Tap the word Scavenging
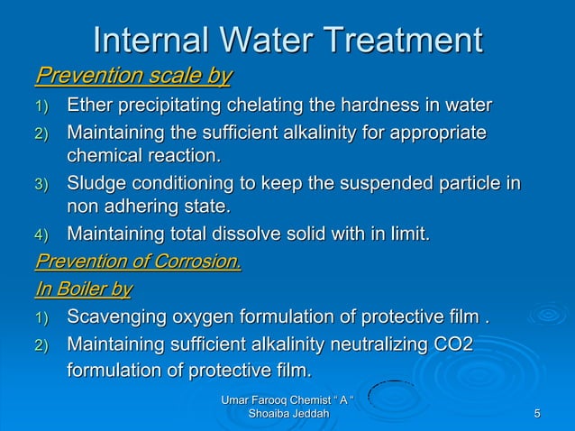tap(119, 318)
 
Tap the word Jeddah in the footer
tap(303, 414)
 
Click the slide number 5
tap(537, 414)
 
